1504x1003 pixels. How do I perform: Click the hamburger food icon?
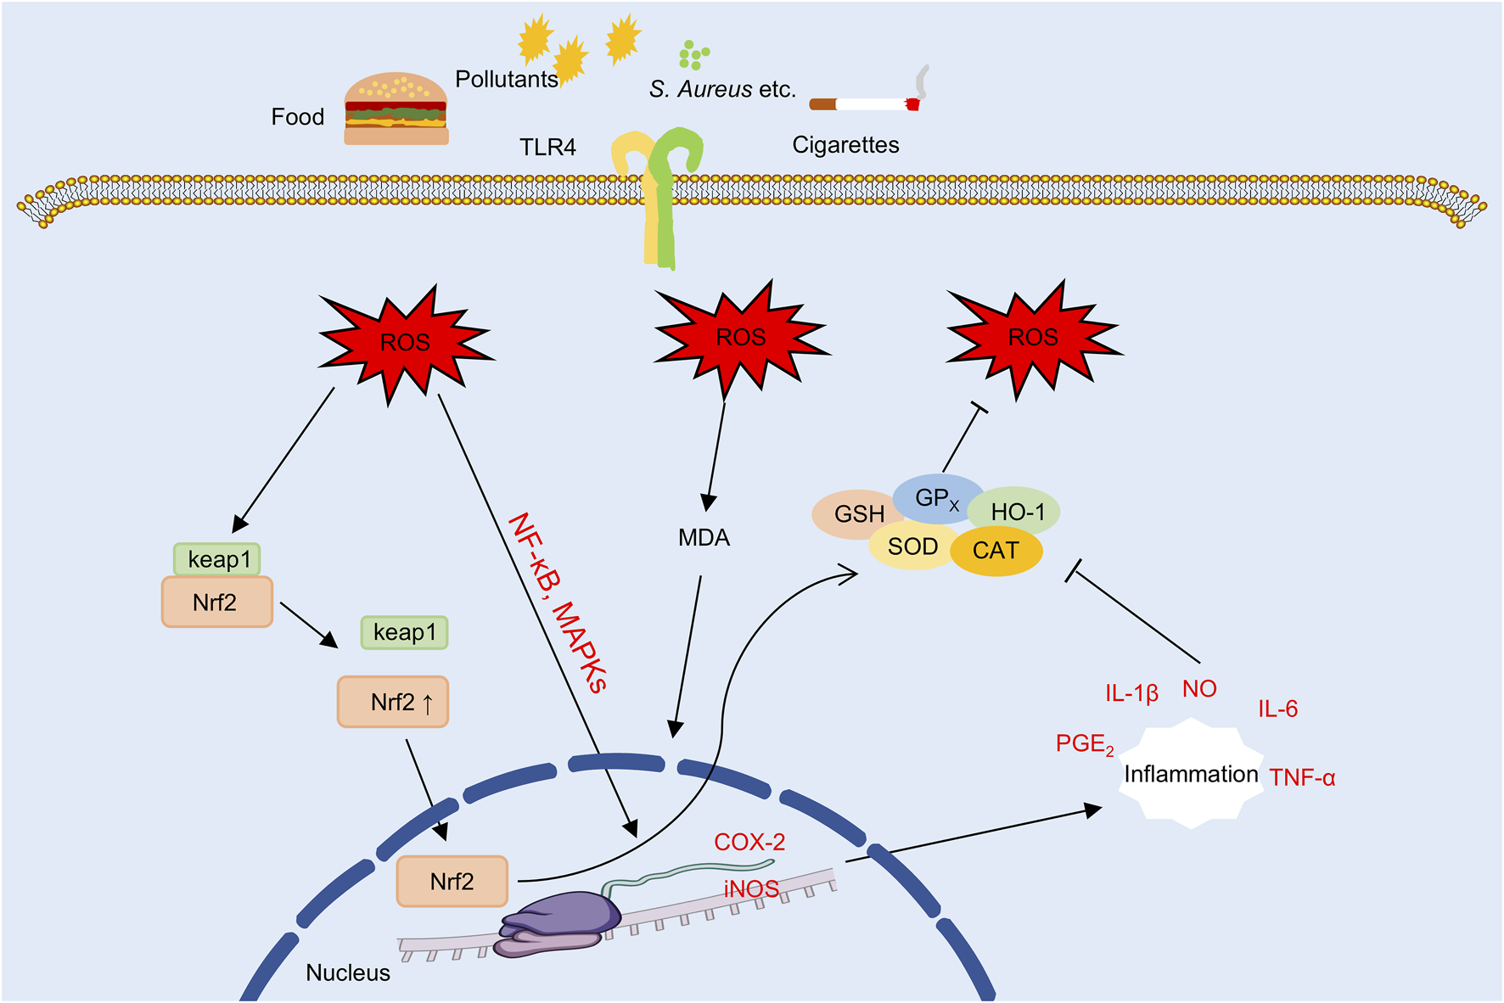396,109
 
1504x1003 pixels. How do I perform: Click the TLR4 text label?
547,148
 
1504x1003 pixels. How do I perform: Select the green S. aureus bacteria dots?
693,55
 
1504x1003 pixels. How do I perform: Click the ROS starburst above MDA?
740,338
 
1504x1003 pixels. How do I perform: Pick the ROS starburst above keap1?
405,343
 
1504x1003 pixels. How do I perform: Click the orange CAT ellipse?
996,552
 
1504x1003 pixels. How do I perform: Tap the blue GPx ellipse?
937,498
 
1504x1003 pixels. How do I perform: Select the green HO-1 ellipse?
1016,511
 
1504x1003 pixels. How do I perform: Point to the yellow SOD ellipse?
912,547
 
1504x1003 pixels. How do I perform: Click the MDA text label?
704,538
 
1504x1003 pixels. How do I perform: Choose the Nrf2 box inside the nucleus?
452,882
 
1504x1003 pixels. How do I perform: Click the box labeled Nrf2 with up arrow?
393,703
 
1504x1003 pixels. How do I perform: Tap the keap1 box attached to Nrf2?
217,560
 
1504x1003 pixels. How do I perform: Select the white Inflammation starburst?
1191,774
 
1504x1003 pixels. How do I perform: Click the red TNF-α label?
1302,777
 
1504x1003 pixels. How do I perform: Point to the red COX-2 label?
749,842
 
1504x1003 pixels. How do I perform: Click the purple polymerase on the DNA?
563,922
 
